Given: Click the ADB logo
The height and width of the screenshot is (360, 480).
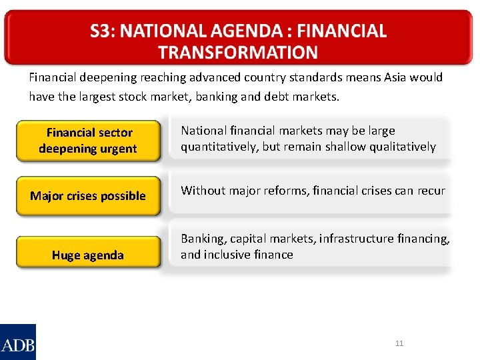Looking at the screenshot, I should point(18,341).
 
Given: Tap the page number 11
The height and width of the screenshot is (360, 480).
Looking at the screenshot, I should point(399,343).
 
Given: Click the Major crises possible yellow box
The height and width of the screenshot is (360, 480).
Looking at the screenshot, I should point(88,195).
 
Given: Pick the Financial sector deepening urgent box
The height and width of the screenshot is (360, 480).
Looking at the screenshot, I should point(88,141).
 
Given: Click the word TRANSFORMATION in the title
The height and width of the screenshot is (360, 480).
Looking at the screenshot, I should point(238,52).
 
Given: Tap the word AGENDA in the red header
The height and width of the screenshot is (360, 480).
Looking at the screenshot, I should point(248,31).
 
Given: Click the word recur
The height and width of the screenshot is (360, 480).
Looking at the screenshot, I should point(431,191).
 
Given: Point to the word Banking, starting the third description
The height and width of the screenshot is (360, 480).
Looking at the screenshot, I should point(203,239).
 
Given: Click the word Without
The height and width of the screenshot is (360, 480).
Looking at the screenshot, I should point(203,191).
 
